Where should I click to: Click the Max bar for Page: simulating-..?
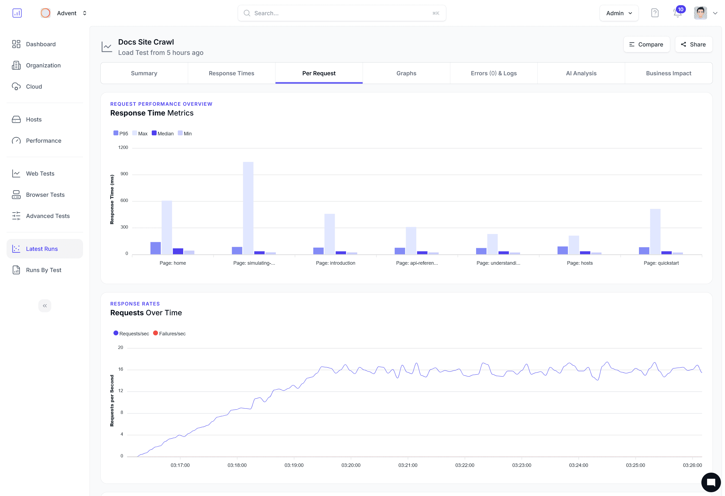tap(248, 208)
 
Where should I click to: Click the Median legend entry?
tap(163, 133)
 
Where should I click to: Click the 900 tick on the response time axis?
tap(124, 174)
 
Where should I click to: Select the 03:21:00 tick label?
tap(407, 465)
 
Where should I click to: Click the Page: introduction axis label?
tap(335, 263)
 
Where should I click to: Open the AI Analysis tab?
tap(581, 73)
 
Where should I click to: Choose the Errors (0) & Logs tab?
tap(493, 73)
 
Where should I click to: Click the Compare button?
tap(646, 44)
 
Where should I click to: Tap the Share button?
tap(693, 44)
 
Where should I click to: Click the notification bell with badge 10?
tap(677, 13)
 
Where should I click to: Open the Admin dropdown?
tap(619, 13)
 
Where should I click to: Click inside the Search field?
tap(341, 13)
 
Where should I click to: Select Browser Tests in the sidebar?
tap(45, 195)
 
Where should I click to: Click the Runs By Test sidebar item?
tap(43, 270)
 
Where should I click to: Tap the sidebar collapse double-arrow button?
tap(45, 305)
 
